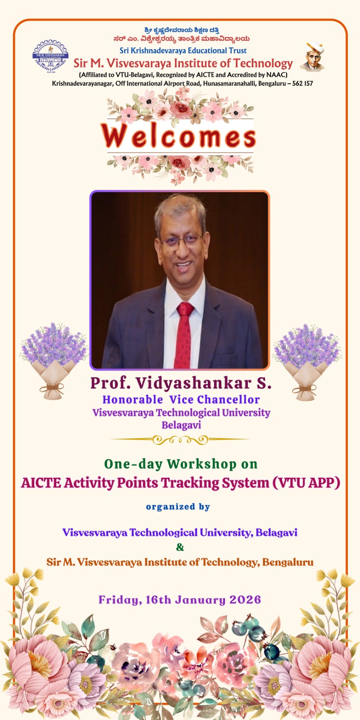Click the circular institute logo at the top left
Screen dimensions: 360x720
(x=50, y=57)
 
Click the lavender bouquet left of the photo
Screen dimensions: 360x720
(x=54, y=360)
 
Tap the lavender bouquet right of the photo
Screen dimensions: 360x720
(x=306, y=362)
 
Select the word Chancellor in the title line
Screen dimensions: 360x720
(x=228, y=400)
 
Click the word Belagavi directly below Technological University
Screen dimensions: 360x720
(x=181, y=425)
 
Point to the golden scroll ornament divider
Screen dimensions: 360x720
(x=180, y=439)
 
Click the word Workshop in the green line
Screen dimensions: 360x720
(x=202, y=464)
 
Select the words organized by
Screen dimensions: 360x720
(x=178, y=507)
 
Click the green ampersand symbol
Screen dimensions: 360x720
(x=180, y=547)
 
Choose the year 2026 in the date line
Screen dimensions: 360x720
(x=245, y=600)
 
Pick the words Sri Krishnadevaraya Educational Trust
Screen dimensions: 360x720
(x=183, y=50)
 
